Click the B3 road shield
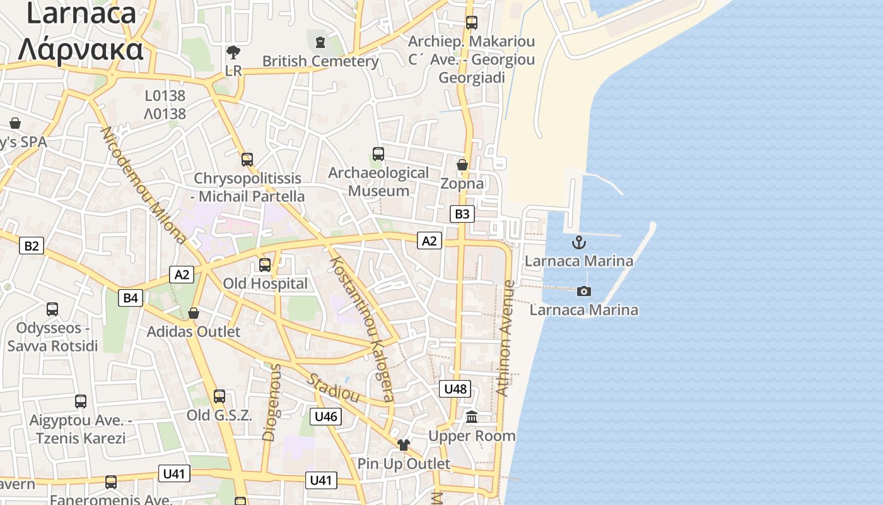pos(462,214)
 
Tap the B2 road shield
pos(31,246)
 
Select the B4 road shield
pos(131,298)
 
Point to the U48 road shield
pos(455,389)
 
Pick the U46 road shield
pos(326,416)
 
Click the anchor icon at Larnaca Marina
pos(578,242)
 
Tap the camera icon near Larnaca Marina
pos(584,291)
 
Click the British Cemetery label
pos(320,61)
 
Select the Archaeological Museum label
pos(378,182)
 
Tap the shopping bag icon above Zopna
pos(462,165)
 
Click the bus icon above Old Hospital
pos(265,265)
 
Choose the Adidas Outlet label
pos(194,331)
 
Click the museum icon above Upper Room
pos(472,417)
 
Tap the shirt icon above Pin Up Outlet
pos(404,445)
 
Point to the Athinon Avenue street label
pos(506,338)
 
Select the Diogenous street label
pos(272,401)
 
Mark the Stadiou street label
pos(334,388)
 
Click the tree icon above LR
pos(233,52)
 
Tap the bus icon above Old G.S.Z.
pos(219,396)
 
